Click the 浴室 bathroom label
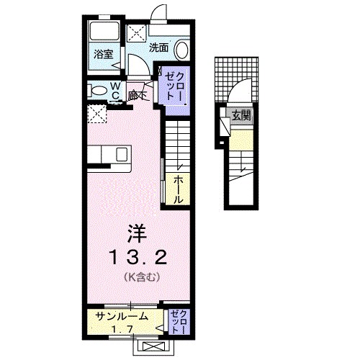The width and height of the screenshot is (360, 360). pyautogui.click(x=103, y=53)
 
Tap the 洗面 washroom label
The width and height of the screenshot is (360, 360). pyautogui.click(x=158, y=48)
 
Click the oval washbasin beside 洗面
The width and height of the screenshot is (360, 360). pyautogui.click(x=181, y=50)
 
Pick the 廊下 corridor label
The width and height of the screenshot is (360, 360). pyautogui.click(x=137, y=94)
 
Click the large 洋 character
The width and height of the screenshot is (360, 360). pyautogui.click(x=137, y=233)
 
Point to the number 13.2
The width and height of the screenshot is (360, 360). pyautogui.click(x=138, y=257)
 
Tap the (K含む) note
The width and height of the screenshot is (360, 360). pyautogui.click(x=137, y=276)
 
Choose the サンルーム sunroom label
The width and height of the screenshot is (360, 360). pyautogui.click(x=122, y=315)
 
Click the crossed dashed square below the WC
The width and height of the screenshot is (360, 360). pyautogui.click(x=95, y=114)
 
